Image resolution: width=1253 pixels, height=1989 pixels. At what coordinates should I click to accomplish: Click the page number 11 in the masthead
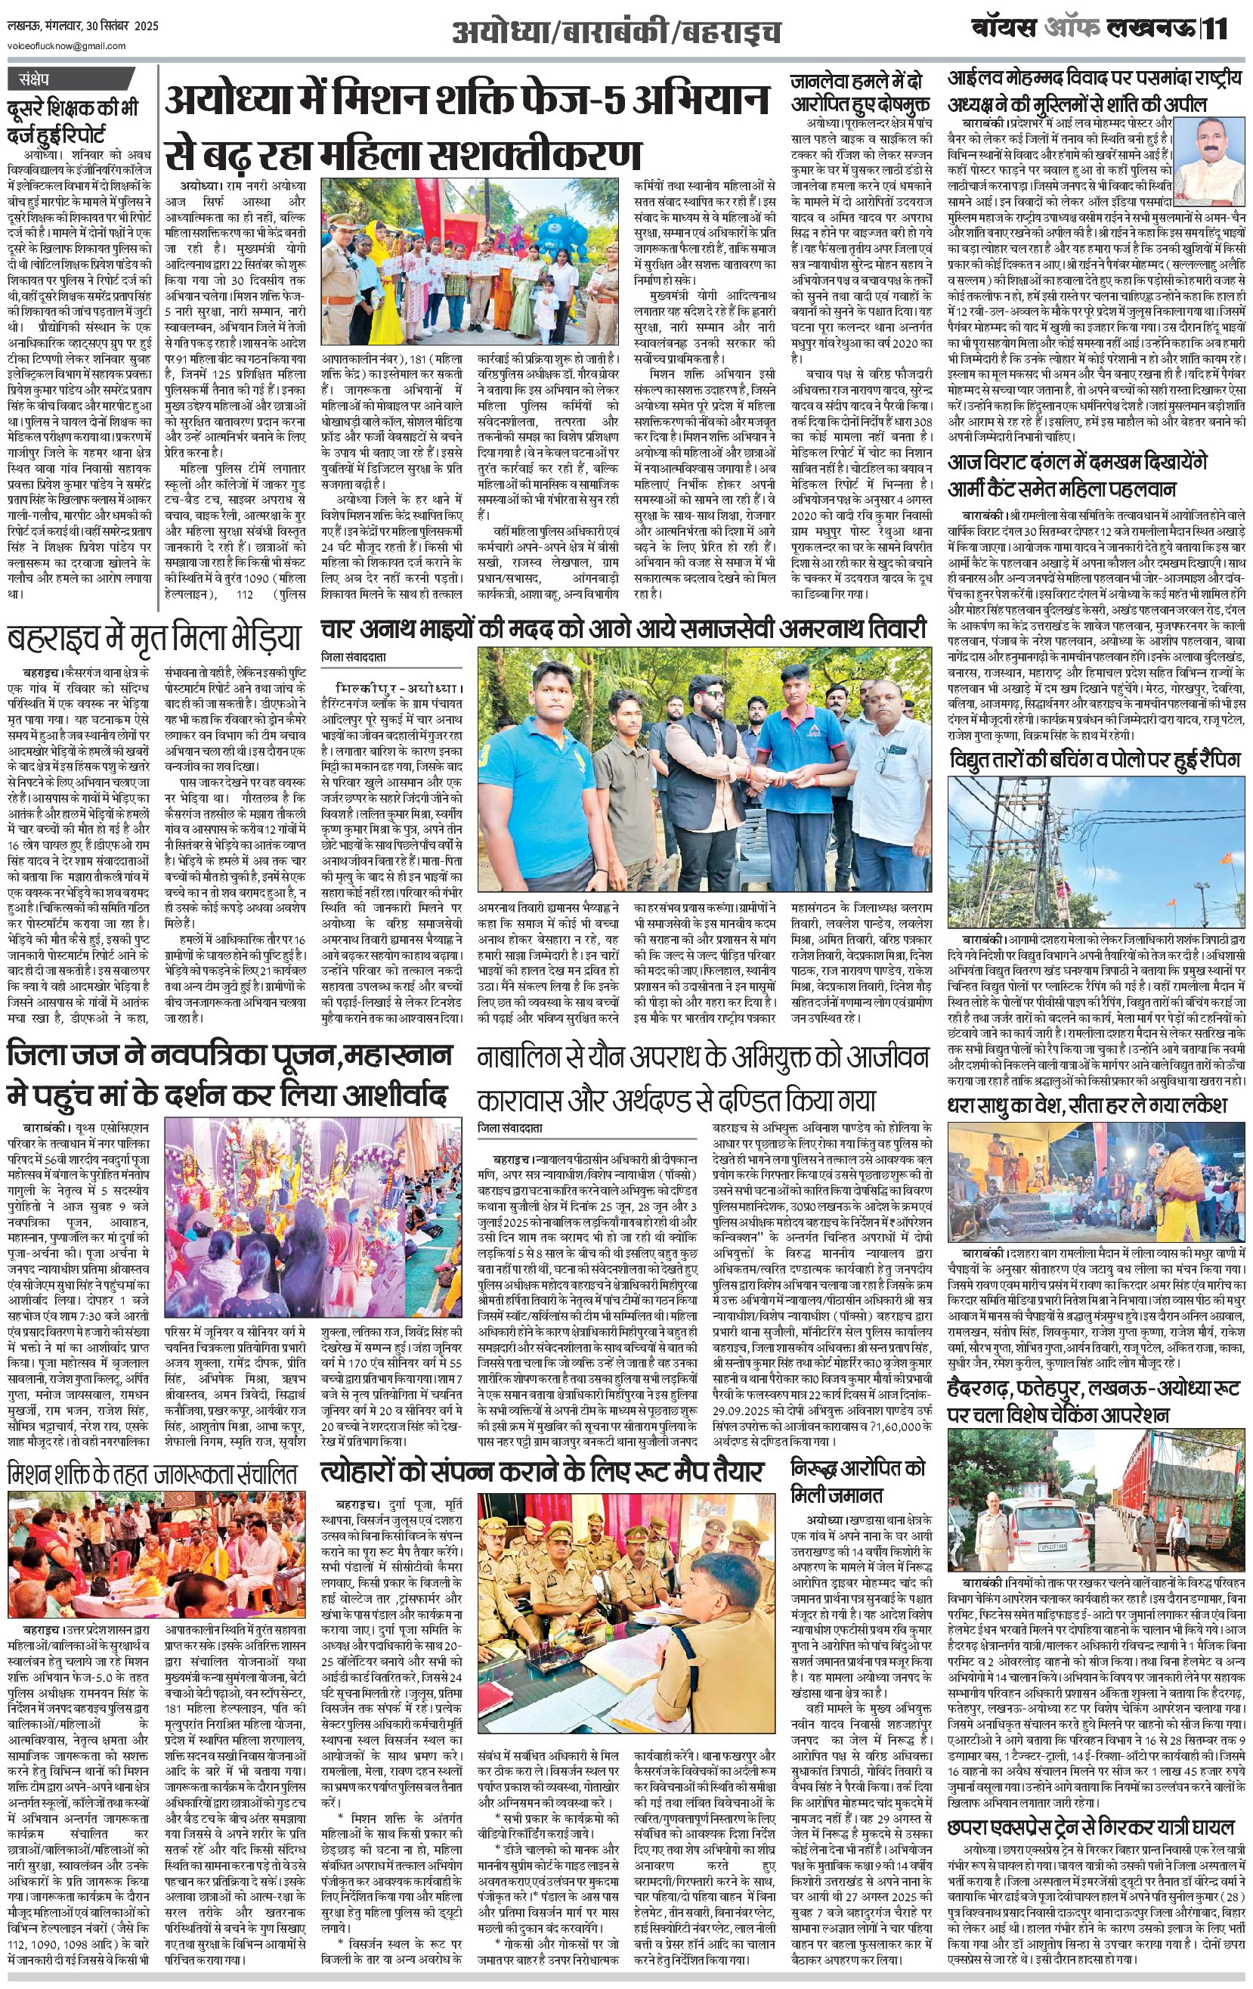coord(1216,29)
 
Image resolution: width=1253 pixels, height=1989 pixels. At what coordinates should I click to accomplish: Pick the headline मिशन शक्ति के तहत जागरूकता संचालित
coord(152,1473)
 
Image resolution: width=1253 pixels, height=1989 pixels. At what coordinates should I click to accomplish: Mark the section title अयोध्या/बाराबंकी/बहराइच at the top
coord(617,33)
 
